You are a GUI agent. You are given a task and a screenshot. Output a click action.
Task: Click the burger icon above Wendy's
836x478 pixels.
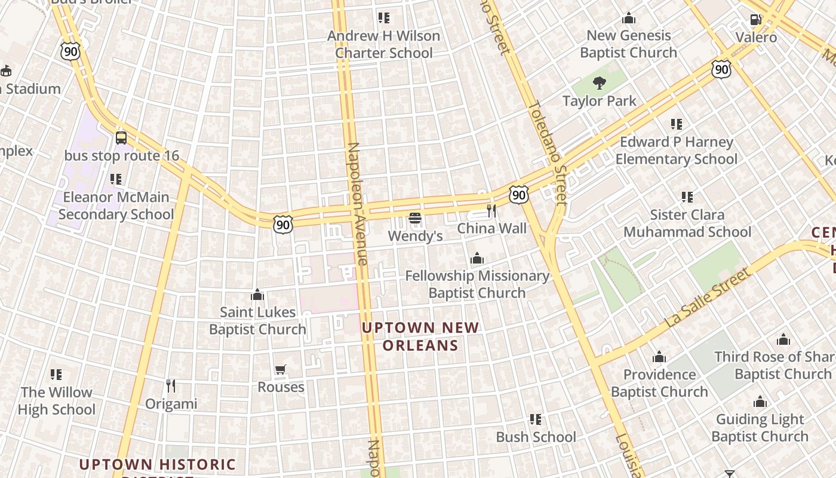(415, 219)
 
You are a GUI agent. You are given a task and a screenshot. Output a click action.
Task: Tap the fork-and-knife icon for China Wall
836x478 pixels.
(491, 210)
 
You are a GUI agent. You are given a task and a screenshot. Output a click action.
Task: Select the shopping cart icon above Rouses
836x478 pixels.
(281, 369)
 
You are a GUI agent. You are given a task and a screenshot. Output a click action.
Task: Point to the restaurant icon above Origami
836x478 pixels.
(171, 386)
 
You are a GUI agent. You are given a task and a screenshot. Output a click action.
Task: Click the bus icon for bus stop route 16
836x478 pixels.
(121, 138)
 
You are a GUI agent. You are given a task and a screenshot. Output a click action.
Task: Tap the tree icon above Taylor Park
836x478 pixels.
(600, 83)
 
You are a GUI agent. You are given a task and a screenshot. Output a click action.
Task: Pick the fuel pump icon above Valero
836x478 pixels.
(755, 20)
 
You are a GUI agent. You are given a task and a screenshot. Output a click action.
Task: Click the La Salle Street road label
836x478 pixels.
(707, 298)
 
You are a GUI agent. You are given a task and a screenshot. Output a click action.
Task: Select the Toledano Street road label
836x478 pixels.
(547, 152)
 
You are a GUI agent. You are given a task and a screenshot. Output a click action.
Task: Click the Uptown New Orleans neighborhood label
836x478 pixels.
(420, 336)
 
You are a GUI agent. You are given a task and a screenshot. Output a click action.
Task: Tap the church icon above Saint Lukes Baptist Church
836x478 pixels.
(257, 295)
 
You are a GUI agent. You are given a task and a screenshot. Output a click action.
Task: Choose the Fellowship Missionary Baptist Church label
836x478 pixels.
(477, 284)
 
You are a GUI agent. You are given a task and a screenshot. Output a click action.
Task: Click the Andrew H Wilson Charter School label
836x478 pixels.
(383, 44)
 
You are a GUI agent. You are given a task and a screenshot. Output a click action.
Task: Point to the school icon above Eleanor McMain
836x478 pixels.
(116, 179)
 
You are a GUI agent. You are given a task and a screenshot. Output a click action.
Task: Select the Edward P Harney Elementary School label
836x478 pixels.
(676, 151)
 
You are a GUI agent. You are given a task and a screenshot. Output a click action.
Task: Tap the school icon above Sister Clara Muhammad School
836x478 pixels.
(687, 197)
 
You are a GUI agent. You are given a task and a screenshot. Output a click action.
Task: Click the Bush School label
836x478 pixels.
(536, 437)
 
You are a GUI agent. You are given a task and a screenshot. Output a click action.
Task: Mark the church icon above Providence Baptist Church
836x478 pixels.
(659, 357)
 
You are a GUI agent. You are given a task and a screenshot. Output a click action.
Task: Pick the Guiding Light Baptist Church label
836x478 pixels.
(760, 428)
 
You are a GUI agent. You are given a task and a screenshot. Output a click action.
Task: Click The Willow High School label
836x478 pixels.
(57, 401)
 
